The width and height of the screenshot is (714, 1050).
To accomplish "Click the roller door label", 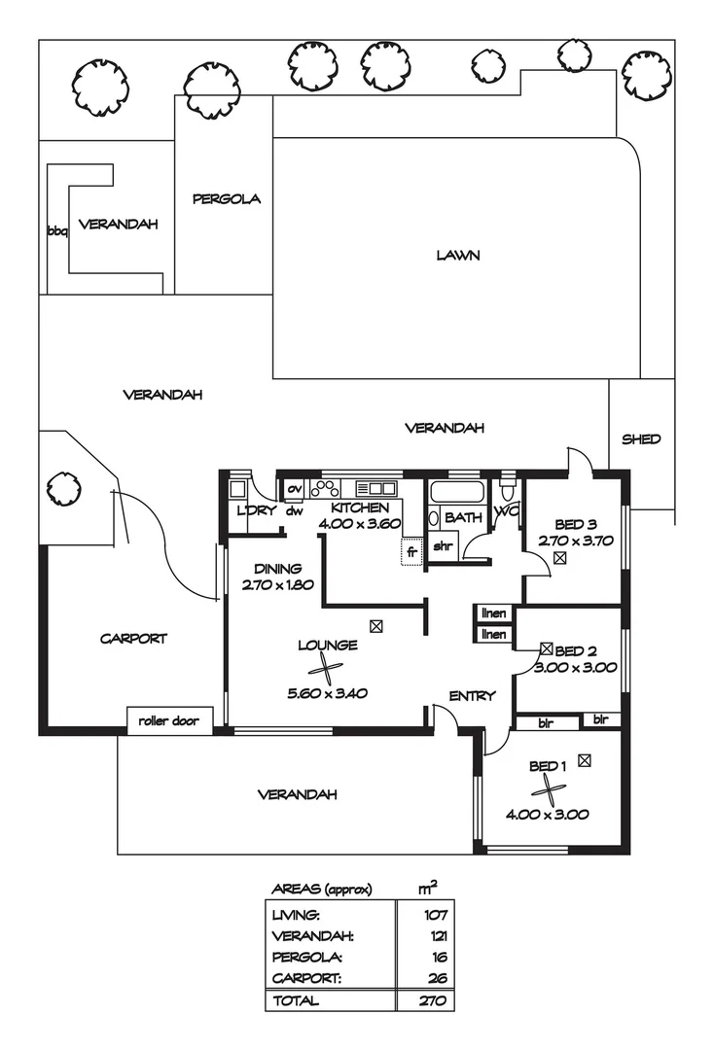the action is [168, 721].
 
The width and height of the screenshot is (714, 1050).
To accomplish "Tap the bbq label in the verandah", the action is [57, 231].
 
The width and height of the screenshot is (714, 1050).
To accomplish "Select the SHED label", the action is [641, 439].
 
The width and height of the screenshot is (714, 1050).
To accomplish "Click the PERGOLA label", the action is [227, 199].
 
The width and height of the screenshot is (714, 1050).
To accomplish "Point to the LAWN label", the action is [458, 255].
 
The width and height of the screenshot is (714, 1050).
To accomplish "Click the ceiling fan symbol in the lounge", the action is [326, 668].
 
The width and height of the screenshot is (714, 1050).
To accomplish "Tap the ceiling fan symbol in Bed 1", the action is [550, 790].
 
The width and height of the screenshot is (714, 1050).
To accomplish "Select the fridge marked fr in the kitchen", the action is [411, 552].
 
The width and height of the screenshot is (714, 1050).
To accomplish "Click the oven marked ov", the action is [294, 489].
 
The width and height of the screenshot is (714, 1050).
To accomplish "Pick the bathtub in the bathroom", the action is [457, 492].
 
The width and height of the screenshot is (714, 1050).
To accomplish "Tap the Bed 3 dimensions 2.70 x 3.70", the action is [575, 542].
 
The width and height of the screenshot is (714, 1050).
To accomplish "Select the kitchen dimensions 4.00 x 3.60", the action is [360, 524].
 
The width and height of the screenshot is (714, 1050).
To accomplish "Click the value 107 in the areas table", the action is [436, 915].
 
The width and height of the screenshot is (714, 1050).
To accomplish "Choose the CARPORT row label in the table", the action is [306, 978].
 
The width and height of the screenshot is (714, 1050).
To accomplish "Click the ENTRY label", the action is [472, 696].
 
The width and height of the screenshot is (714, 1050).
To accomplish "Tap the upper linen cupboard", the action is [493, 613].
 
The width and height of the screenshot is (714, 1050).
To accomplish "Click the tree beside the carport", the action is [64, 489].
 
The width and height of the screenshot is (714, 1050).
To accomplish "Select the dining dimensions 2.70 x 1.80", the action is [278, 584].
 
